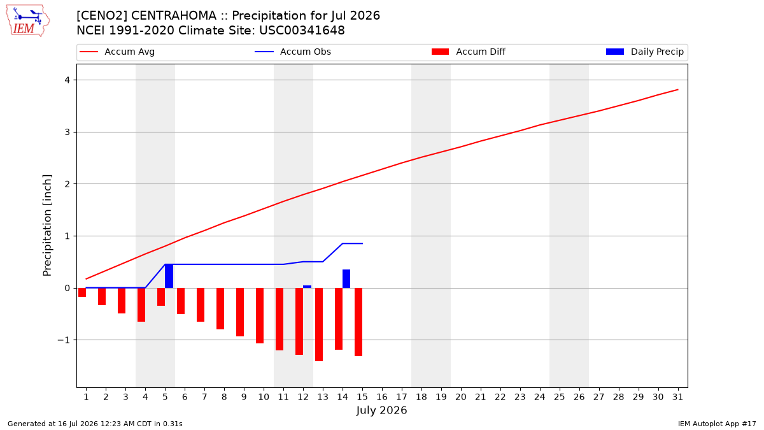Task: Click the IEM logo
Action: tap(28, 21)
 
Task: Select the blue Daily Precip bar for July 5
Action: tap(169, 276)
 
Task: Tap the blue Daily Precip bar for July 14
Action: tap(346, 279)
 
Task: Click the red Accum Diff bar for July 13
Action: tap(319, 324)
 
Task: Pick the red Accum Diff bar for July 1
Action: tap(82, 292)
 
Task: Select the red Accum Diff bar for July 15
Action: tap(358, 322)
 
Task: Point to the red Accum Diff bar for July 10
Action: tap(260, 316)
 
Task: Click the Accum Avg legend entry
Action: tap(117, 52)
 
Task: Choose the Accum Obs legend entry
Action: tap(293, 52)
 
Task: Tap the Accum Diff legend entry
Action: tap(469, 52)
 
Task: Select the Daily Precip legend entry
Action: tap(645, 52)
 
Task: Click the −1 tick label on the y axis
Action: tap(64, 340)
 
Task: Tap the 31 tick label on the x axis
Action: tap(677, 397)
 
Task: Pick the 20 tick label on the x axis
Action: tap(461, 397)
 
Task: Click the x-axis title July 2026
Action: tap(381, 410)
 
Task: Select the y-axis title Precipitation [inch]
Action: tap(47, 226)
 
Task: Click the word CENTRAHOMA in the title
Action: tap(174, 16)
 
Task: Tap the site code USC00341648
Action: tap(302, 31)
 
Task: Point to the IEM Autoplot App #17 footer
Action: tap(717, 424)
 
